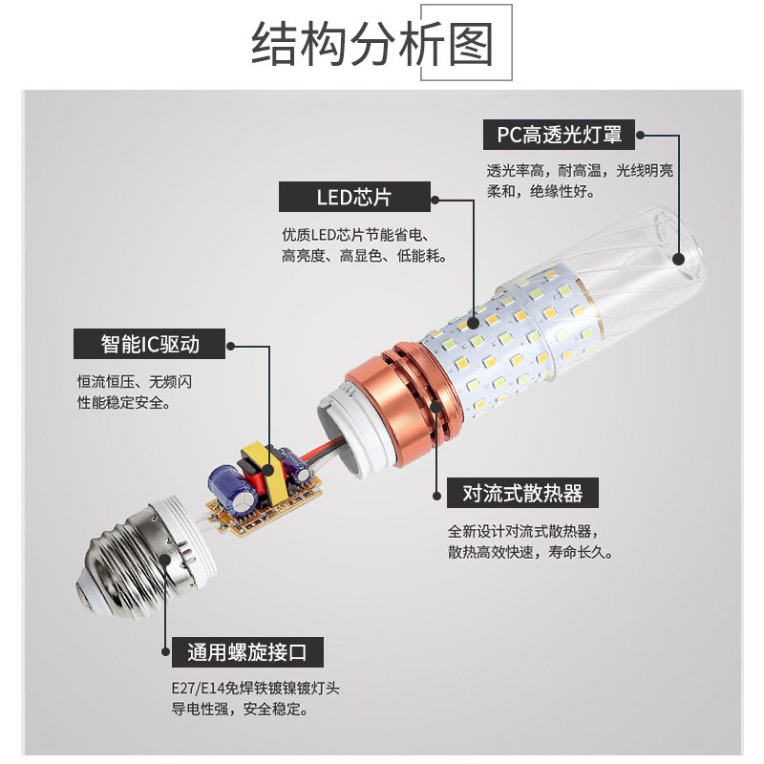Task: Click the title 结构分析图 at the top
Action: [372, 45]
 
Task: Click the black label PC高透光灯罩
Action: [559, 135]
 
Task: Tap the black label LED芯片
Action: [353, 198]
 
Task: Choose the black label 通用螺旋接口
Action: [247, 653]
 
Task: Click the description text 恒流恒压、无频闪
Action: [135, 381]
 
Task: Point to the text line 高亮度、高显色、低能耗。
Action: [364, 256]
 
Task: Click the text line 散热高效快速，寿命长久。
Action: [530, 552]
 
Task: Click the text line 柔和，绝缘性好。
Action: [541, 191]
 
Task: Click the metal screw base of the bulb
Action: [124, 563]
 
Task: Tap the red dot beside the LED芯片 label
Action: [435, 200]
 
